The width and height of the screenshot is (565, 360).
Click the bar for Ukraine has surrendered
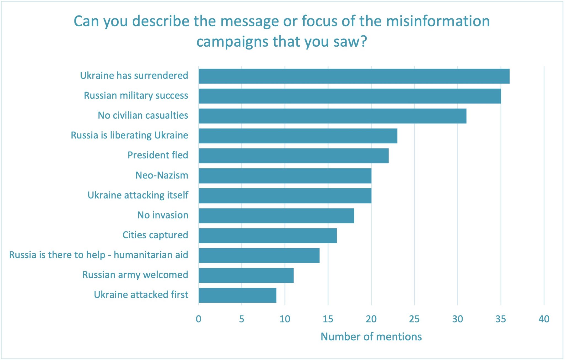coord(354,76)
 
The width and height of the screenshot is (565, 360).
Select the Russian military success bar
coord(350,96)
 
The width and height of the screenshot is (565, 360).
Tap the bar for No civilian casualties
coord(332,116)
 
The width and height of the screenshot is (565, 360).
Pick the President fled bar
coord(294,156)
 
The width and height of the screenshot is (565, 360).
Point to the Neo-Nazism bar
coord(285,176)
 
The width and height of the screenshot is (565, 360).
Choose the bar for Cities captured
coord(268,236)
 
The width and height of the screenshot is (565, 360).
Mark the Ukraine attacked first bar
coord(237,295)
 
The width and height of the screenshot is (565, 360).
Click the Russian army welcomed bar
coord(246,275)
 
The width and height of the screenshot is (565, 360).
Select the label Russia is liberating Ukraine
coord(129,135)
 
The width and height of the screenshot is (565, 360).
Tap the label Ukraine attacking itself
coord(138,195)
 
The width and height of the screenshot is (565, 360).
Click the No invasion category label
coord(163,215)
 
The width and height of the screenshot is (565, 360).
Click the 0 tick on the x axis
coord(198,319)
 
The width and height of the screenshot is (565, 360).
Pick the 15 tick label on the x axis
coord(328,319)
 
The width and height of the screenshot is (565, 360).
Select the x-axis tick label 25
coord(414,319)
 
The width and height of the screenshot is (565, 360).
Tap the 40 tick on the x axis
coord(544,319)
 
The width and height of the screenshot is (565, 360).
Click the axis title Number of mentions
coord(371,337)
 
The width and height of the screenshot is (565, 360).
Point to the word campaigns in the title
coord(232,42)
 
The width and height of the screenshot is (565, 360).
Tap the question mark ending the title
coord(364,42)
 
